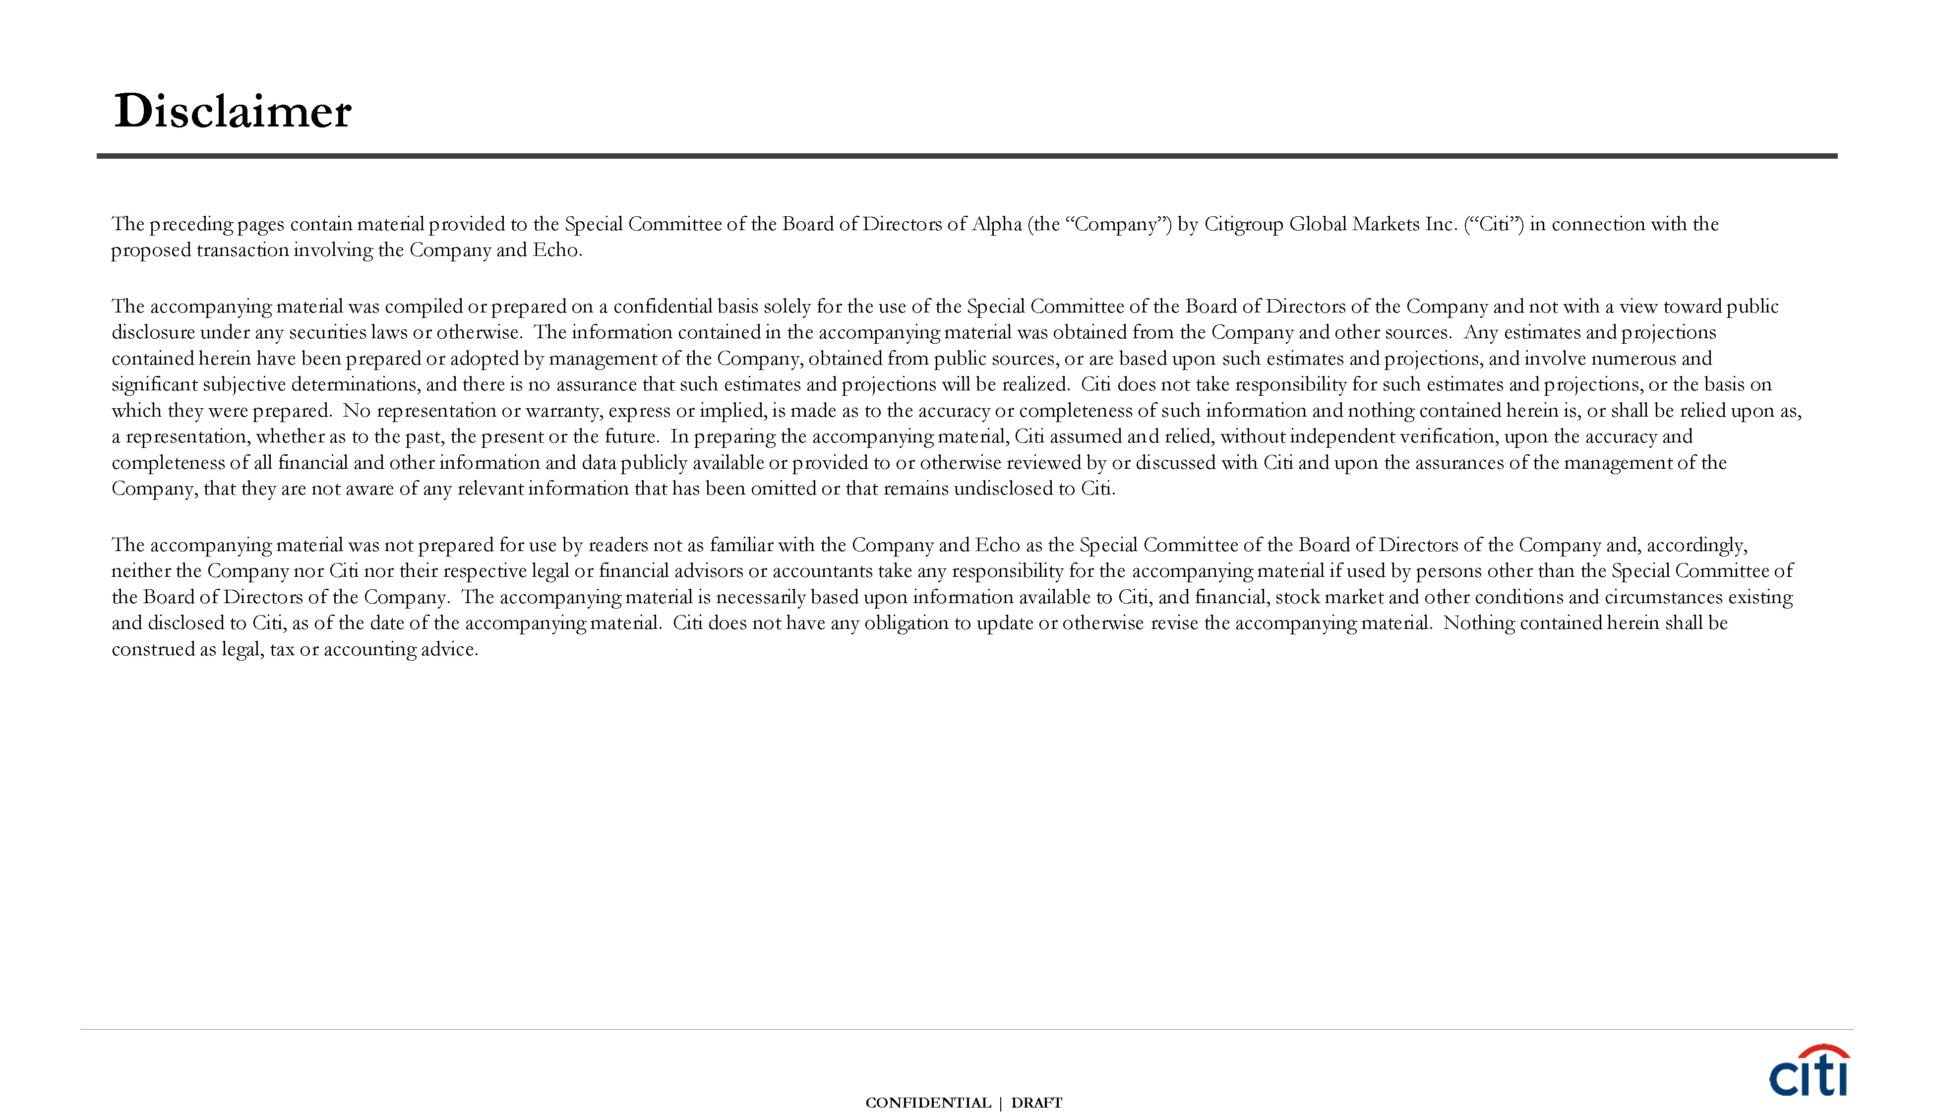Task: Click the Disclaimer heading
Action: [x=232, y=111]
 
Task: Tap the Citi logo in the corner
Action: [x=1809, y=1071]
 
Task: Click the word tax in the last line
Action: [x=282, y=650]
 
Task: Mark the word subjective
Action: [x=243, y=385]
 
